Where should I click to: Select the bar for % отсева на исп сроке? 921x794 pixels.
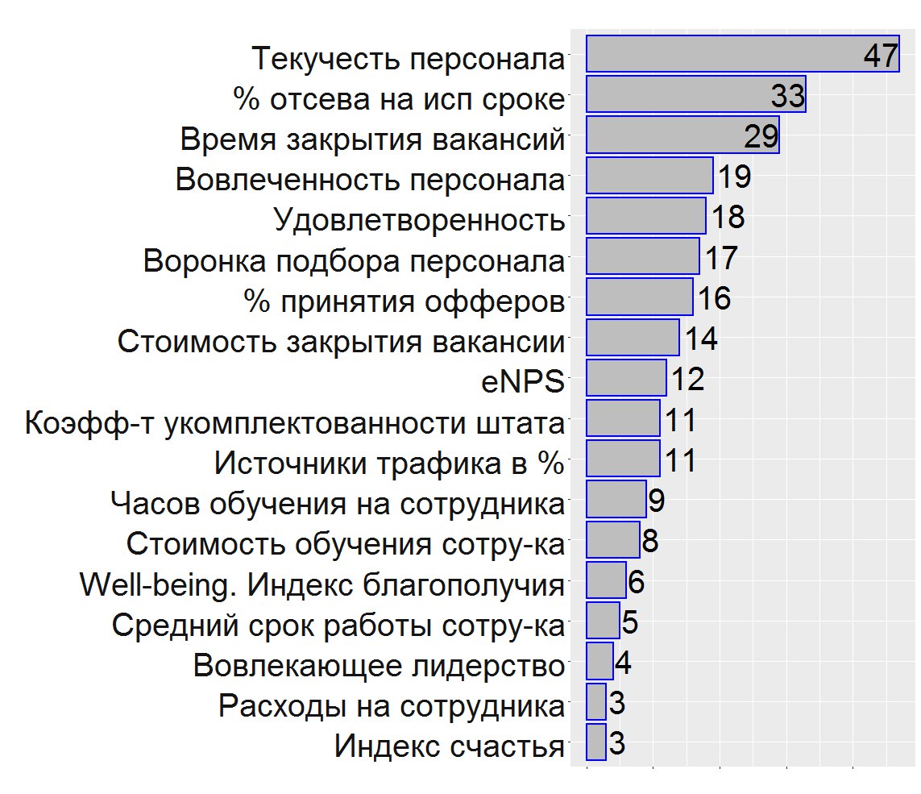[x=695, y=95]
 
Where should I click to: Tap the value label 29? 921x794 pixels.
[x=761, y=136]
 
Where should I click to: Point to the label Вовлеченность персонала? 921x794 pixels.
[x=370, y=179]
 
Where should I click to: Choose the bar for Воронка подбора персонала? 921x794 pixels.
[x=642, y=257]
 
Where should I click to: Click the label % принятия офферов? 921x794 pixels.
[x=404, y=301]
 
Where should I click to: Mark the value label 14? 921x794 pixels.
[x=699, y=339]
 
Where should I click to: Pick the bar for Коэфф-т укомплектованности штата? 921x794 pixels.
[x=623, y=419]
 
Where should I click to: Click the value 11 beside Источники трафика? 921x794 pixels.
[x=679, y=461]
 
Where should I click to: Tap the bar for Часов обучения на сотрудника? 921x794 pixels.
[x=616, y=500]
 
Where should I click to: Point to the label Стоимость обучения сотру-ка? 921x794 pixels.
[x=345, y=544]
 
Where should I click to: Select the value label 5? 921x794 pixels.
[x=630, y=622]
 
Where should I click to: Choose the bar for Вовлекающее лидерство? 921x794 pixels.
[x=599, y=662]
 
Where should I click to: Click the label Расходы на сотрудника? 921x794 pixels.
[x=391, y=706]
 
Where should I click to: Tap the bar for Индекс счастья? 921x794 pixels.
[x=595, y=742]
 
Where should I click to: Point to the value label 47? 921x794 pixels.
[x=880, y=56]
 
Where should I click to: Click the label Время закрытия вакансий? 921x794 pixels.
[x=371, y=139]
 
